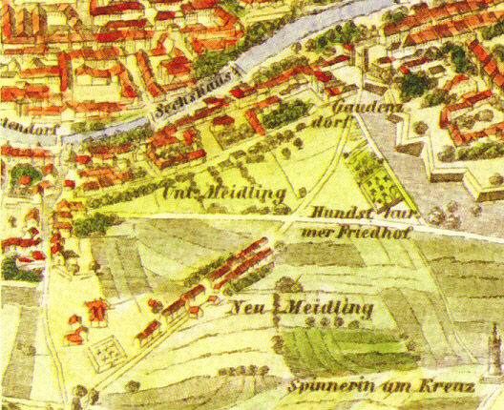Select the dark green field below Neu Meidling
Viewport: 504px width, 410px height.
pos(334,347)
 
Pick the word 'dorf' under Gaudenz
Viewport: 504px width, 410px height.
pos(330,127)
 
